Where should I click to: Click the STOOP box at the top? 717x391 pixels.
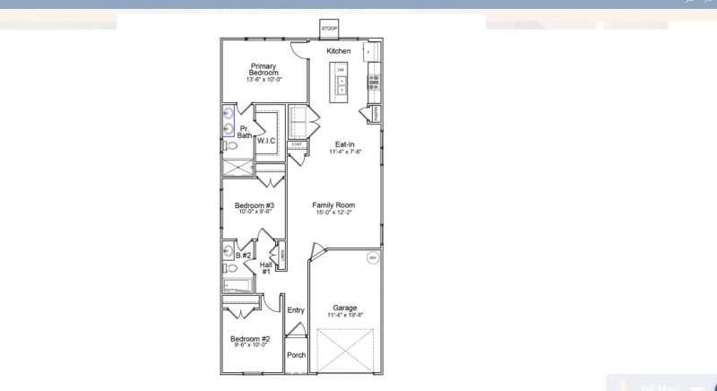point(329,29)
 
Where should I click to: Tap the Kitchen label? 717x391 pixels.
point(338,51)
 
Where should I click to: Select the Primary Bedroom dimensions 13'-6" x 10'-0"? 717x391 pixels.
point(263,80)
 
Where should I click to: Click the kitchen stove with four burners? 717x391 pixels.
point(373,83)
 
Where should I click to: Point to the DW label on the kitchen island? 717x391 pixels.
point(341,70)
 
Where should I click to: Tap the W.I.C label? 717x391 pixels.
point(266,141)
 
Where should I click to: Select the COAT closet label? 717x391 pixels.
point(296,144)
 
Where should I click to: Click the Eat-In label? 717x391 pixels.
point(344,144)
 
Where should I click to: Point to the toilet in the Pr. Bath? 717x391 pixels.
point(229,145)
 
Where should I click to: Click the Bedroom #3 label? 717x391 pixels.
point(254,205)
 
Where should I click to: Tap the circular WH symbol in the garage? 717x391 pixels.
point(372,258)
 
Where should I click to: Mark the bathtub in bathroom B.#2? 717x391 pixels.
point(238,286)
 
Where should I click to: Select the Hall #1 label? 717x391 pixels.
point(266,267)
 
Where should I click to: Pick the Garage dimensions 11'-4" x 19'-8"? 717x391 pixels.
point(344,315)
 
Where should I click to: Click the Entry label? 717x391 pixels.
point(296,310)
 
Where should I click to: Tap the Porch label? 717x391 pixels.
point(296,355)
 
